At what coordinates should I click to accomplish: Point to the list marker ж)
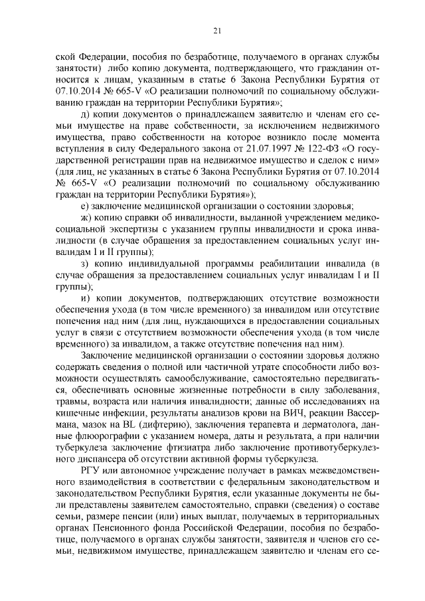(x=85, y=217)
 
